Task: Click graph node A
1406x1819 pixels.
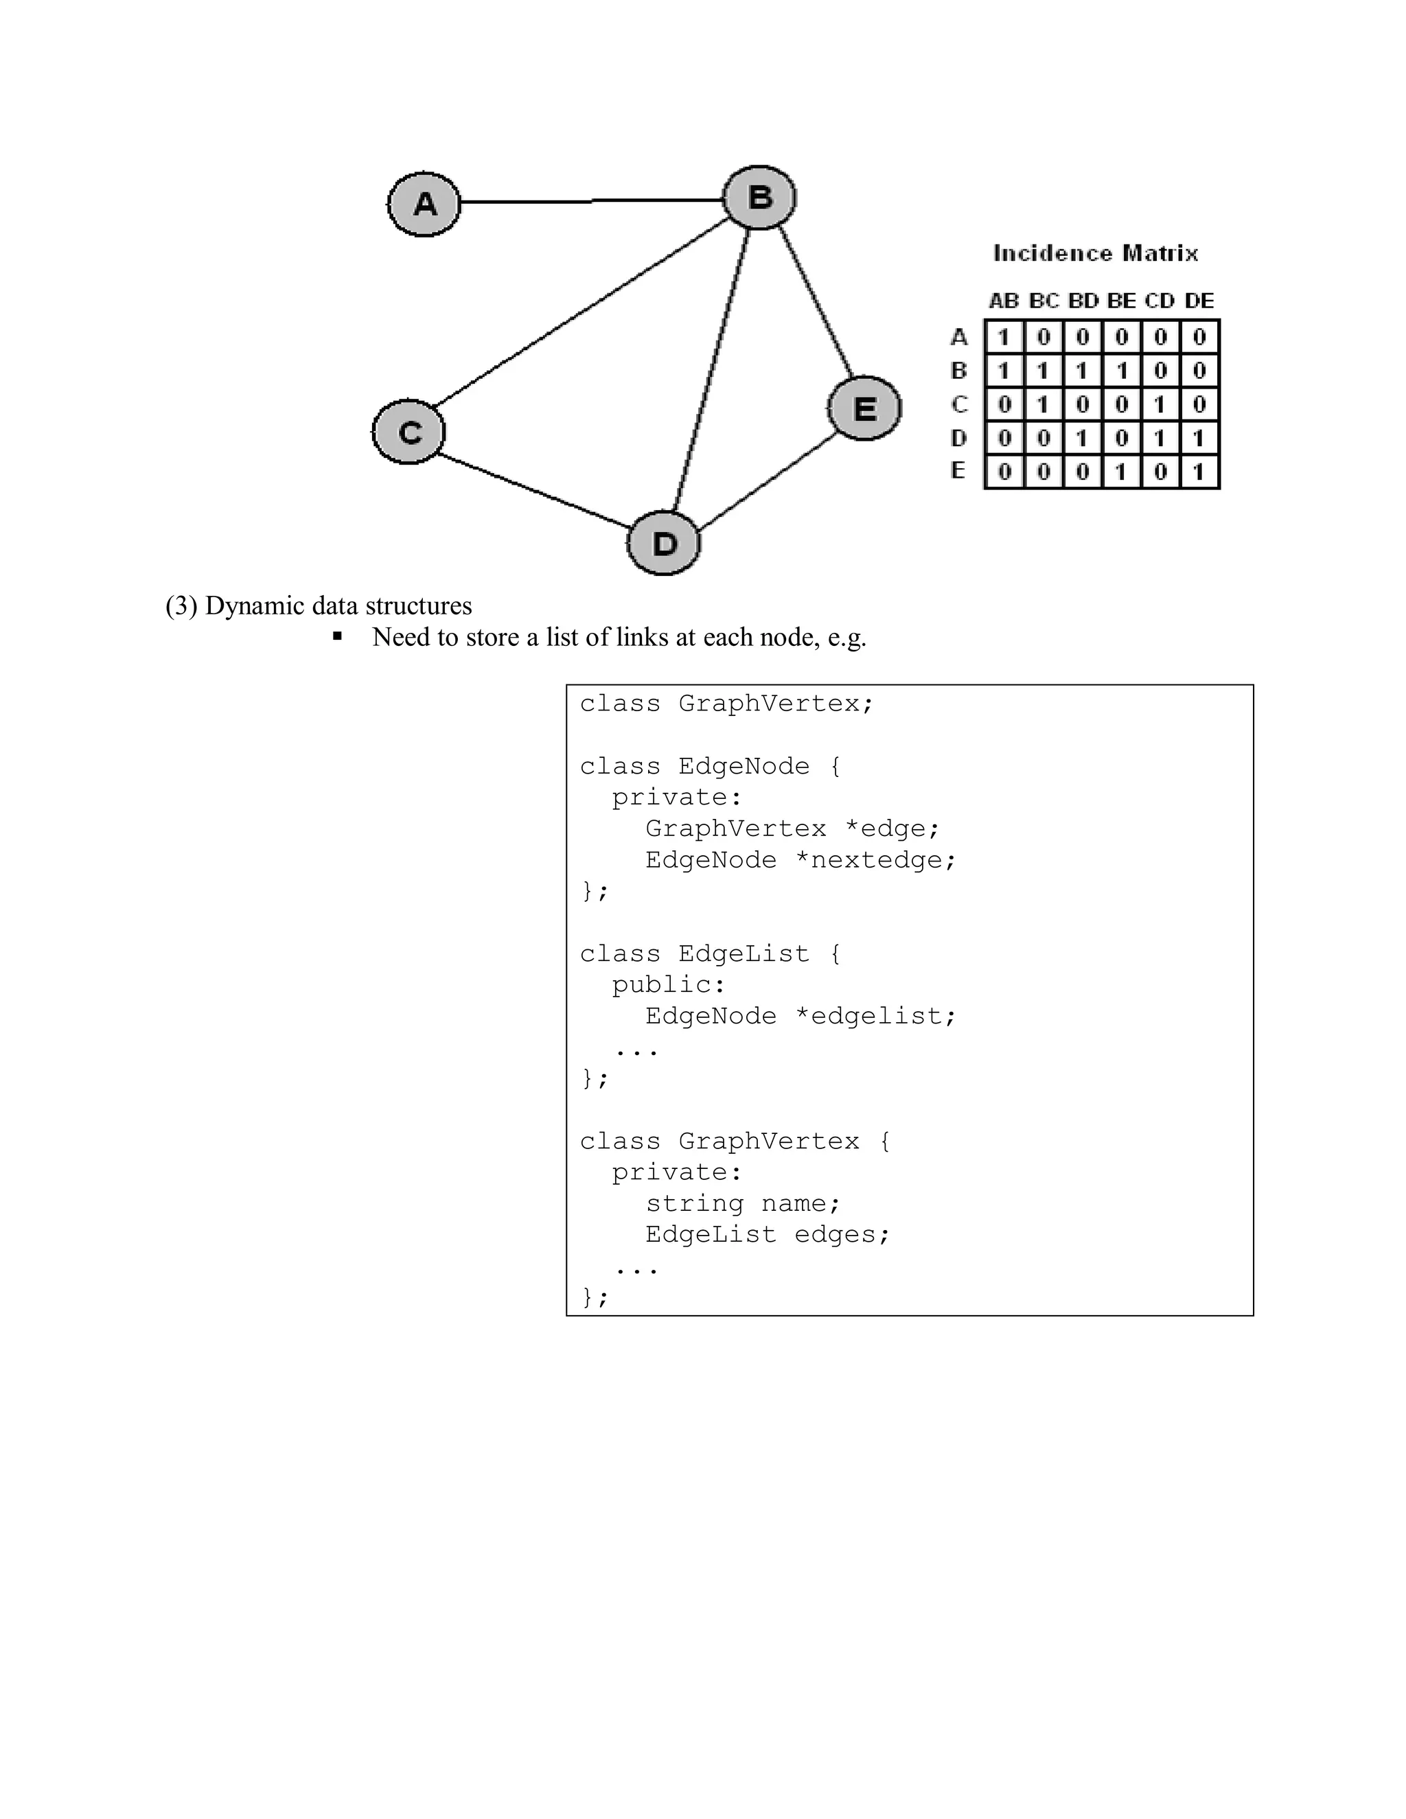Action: [424, 204]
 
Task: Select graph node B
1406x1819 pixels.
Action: [759, 198]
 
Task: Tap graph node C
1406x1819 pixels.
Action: [409, 432]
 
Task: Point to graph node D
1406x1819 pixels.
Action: [664, 543]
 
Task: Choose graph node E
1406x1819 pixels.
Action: [864, 408]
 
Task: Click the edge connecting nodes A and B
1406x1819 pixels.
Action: [591, 200]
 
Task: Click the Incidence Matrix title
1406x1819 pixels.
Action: [1095, 253]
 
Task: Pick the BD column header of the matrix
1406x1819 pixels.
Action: [1083, 301]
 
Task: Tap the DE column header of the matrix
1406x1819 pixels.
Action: [1199, 301]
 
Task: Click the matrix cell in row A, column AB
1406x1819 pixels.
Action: [1004, 337]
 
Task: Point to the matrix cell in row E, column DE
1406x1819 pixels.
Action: [1199, 472]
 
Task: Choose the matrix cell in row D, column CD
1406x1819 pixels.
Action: [1160, 438]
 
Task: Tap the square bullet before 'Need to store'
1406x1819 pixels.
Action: [337, 636]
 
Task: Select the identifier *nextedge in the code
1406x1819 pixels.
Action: [874, 859]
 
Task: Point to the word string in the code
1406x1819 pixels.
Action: [694, 1203]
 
